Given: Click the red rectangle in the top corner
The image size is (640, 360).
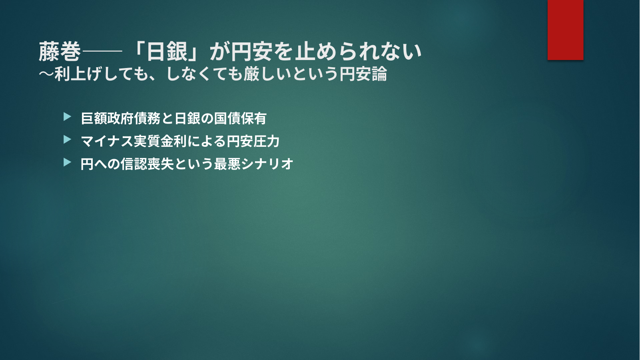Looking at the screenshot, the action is pyautogui.click(x=565, y=30).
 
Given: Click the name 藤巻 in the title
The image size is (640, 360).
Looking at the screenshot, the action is pyautogui.click(x=60, y=52).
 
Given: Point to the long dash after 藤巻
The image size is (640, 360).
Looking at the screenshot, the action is pyautogui.click(x=102, y=52).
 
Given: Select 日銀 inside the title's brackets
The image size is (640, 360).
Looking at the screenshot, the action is pyautogui.click(x=167, y=52).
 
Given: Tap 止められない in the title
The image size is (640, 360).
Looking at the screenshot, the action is pyautogui.click(x=358, y=52).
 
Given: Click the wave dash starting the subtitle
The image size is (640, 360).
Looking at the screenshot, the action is pyautogui.click(x=46, y=74).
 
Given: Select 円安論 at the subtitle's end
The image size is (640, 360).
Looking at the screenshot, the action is pyautogui.click(x=363, y=74).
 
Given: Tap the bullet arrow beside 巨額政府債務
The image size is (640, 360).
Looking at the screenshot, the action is pyautogui.click(x=67, y=116).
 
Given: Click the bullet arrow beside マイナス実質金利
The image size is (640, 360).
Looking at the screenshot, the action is pyautogui.click(x=67, y=140).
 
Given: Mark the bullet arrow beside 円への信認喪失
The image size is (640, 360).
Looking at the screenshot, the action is pyautogui.click(x=67, y=162).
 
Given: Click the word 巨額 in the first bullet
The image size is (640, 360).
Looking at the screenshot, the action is pyautogui.click(x=94, y=118).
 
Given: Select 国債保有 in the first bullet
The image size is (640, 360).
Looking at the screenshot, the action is pyautogui.click(x=241, y=118).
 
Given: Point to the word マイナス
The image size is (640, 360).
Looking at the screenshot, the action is pyautogui.click(x=107, y=141).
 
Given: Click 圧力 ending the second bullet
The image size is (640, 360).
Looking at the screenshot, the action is pyautogui.click(x=267, y=141).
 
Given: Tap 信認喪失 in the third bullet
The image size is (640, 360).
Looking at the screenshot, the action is pyautogui.click(x=147, y=164).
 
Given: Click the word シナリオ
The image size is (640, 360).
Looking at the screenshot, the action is pyautogui.click(x=267, y=164).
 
